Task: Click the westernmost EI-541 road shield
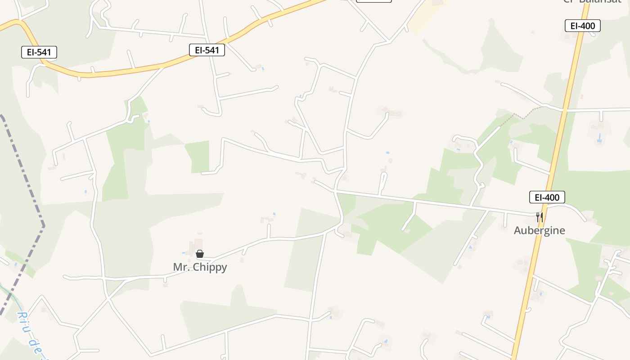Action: click(39, 52)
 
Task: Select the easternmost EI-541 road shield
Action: click(207, 50)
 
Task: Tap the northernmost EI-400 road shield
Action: click(583, 26)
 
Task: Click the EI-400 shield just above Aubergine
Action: click(547, 197)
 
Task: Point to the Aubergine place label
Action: click(540, 230)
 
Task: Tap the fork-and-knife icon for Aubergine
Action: click(540, 217)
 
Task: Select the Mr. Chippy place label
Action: click(200, 267)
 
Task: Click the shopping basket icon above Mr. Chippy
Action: click(200, 254)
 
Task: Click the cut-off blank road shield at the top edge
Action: click(373, 1)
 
